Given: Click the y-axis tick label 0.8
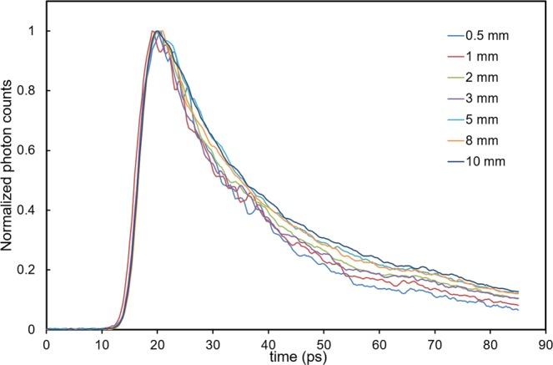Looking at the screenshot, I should (x=30, y=91).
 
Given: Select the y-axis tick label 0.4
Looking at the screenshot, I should (x=30, y=210).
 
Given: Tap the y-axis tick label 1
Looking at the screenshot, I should (x=36, y=31).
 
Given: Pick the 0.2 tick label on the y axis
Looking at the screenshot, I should (x=30, y=270).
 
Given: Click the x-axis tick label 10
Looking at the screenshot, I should (x=102, y=343).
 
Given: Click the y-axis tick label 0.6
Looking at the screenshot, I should (x=30, y=150).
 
